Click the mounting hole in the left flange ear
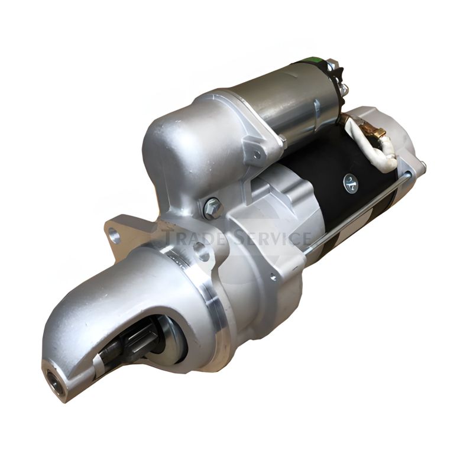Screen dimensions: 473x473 (114, 234)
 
